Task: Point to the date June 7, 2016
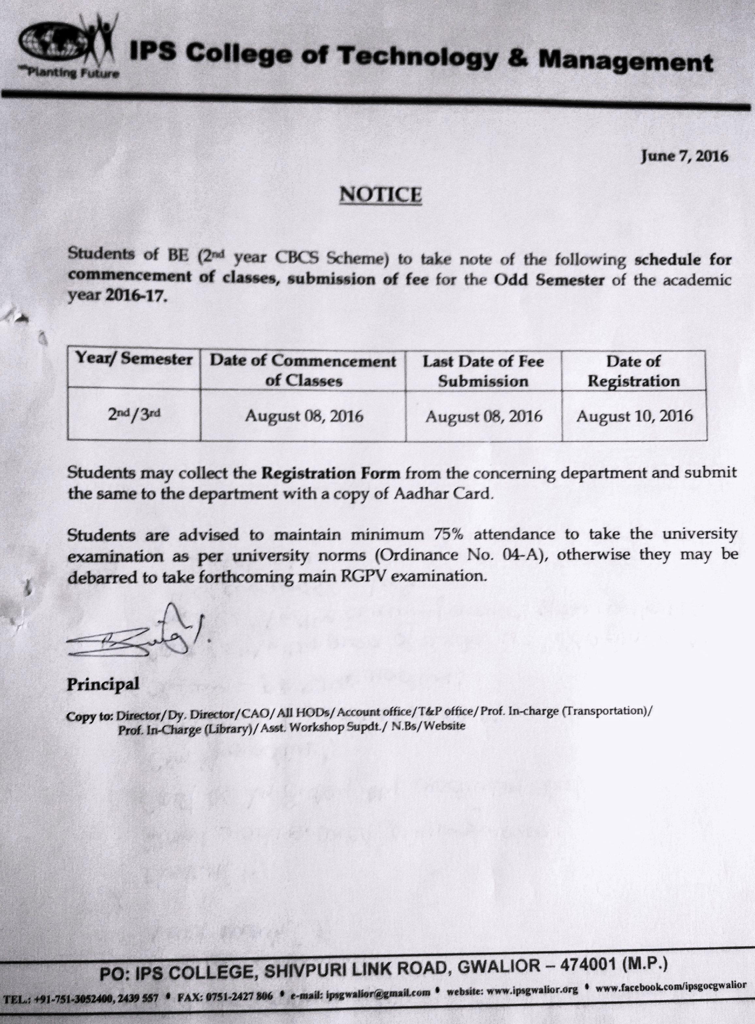684,156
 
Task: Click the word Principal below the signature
103,684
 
